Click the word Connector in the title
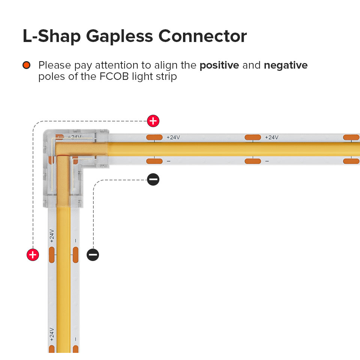pos(202,36)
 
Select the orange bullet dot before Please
pos(26,65)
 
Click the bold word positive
pos(219,65)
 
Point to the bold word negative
pos(286,65)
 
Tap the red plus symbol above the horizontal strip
pos(153,121)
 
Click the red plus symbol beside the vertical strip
pos(33,255)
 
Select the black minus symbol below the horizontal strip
pos(153,180)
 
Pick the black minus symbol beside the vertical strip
pos(93,255)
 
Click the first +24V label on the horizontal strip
pos(173,137)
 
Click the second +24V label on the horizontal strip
pos(271,137)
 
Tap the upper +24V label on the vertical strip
pos(52,236)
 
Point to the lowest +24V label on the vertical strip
pos(52,334)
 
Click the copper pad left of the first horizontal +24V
pos(154,137)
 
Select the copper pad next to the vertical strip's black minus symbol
pos(75,255)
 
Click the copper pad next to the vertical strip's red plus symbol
pos(52,255)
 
